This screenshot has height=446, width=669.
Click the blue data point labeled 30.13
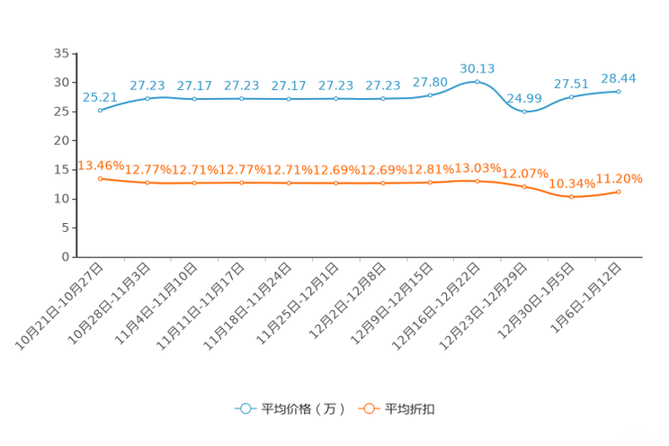477,82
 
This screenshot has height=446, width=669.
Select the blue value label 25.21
100,98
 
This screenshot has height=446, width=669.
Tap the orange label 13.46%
101,165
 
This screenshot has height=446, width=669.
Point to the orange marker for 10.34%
572,197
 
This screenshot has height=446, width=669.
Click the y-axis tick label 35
61,53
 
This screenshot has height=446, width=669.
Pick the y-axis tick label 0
65,257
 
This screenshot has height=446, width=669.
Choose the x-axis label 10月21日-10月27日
59,307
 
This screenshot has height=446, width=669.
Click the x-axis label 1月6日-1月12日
585,298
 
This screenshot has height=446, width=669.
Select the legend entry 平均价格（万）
290,409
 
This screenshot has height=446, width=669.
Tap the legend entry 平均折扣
397,409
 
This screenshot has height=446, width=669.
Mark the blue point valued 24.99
524,111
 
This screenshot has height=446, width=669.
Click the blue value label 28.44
619,78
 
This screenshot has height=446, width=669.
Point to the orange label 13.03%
477,168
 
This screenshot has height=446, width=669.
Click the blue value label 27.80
430,82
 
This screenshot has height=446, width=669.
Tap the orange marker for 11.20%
619,192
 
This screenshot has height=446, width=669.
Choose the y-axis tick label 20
61,140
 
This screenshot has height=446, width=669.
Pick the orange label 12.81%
431,169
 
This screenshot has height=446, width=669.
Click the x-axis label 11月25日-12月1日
298,304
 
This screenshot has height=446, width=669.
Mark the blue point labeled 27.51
572,97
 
